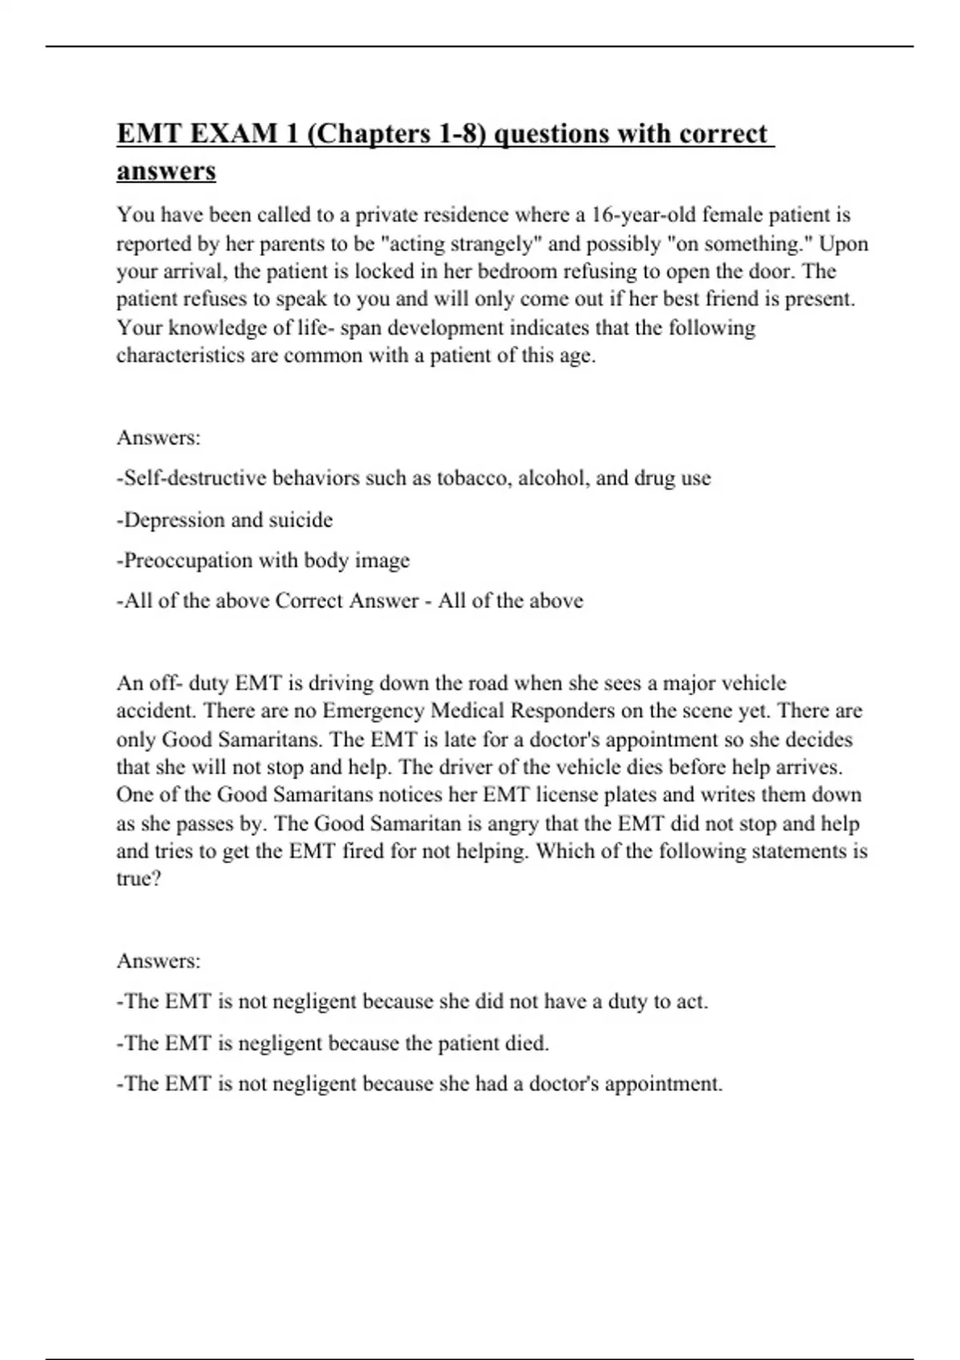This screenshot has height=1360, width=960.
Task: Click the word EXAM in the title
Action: click(x=231, y=134)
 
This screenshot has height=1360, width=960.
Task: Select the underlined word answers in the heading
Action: click(x=166, y=171)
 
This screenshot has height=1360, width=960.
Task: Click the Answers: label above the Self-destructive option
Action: click(x=158, y=438)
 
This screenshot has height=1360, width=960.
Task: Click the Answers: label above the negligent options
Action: click(x=158, y=961)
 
